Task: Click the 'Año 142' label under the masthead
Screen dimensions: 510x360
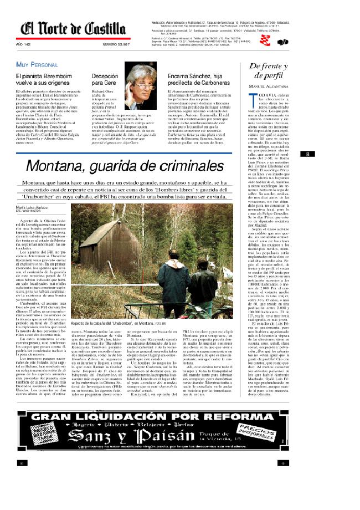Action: tap(23, 44)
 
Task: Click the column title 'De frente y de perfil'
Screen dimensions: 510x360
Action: tap(269, 70)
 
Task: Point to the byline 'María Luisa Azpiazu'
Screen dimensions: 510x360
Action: tap(32, 206)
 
